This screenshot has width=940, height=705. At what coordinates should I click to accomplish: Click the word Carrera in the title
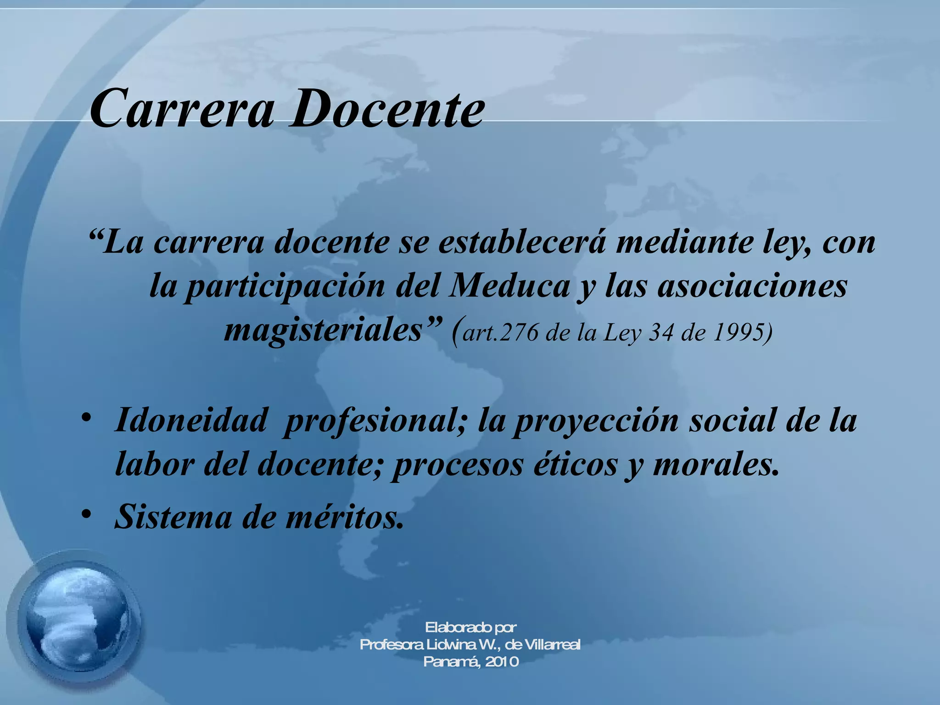[182, 109]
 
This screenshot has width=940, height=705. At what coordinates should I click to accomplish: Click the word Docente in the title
[386, 109]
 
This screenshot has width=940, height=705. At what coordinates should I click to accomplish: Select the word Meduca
[509, 286]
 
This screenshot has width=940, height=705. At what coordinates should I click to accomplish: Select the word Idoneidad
[191, 420]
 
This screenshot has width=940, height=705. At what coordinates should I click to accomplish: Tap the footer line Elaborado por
[470, 627]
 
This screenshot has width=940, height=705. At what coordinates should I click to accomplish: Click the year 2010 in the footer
[502, 662]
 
